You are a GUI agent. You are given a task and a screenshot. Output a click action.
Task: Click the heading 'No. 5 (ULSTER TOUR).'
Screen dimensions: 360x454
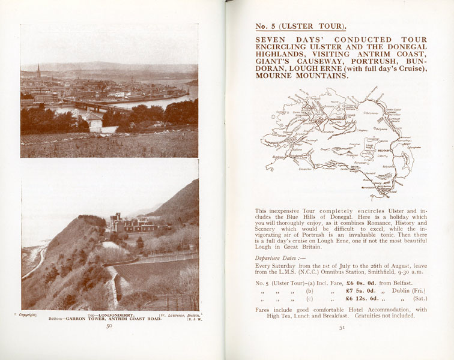300,26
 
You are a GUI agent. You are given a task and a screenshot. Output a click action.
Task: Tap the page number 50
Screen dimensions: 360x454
109,326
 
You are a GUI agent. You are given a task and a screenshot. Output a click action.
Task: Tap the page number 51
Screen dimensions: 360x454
342,328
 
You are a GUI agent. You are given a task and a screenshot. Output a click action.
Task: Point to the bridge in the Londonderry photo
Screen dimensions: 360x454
90,106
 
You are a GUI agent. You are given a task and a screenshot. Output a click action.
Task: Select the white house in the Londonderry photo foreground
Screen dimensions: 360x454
93,121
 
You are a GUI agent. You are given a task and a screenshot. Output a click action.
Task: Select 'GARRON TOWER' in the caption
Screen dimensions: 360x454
78,318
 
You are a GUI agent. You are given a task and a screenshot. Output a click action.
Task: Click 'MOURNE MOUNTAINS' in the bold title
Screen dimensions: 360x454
301,76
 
